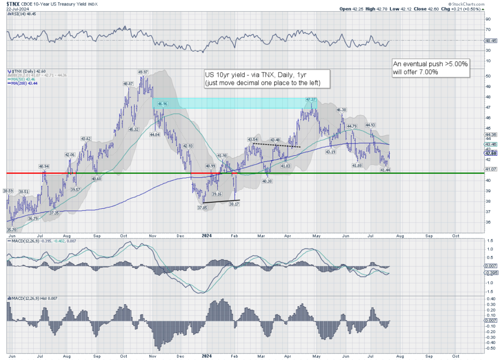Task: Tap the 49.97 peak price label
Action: pos(143,72)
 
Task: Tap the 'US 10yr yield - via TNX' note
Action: pos(267,78)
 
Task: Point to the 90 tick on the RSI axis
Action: pos(488,19)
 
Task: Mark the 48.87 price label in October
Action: pos(128,84)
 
